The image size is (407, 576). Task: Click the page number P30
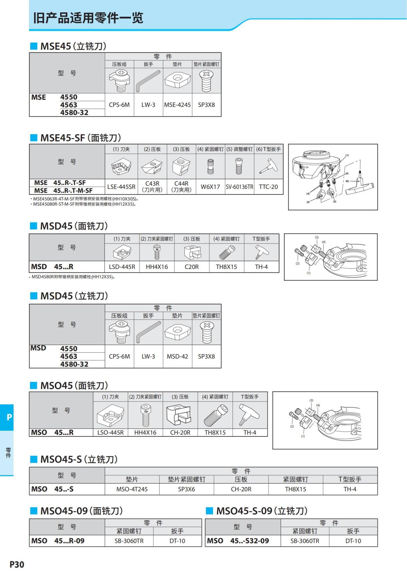(17, 564)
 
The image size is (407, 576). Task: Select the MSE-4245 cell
(177, 105)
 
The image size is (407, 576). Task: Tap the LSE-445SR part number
(121, 187)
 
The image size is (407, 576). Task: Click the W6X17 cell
(210, 187)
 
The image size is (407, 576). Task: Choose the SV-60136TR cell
(239, 187)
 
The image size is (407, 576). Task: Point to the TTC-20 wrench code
(268, 187)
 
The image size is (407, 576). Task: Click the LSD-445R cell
(122, 267)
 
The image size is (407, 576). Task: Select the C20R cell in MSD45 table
(192, 267)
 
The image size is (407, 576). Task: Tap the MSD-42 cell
(177, 356)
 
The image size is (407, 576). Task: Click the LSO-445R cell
(111, 432)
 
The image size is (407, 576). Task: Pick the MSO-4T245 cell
(132, 489)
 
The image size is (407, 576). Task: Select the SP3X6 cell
(187, 489)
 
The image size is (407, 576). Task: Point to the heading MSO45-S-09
(262, 511)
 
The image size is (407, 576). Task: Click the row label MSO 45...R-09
(58, 541)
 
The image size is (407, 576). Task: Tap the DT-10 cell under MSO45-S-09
(353, 541)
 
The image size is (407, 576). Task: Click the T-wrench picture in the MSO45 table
(250, 414)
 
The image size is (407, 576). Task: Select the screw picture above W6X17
(210, 166)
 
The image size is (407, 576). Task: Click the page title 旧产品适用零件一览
(88, 18)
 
